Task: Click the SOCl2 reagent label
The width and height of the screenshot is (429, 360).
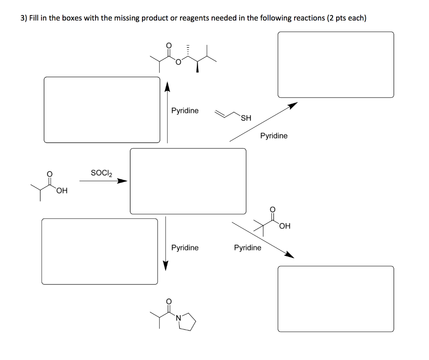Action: tap(101, 173)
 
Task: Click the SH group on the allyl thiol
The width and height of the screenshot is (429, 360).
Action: tap(246, 118)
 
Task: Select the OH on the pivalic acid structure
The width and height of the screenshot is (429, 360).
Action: tap(284, 227)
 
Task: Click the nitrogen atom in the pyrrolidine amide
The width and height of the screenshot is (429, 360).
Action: tap(178, 319)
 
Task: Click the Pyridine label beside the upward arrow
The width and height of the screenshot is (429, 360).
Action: tap(185, 111)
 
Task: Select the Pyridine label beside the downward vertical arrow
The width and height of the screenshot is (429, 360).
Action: tap(185, 248)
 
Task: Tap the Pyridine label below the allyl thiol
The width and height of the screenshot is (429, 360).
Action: tap(274, 136)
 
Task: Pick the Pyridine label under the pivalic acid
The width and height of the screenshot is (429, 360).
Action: tap(247, 248)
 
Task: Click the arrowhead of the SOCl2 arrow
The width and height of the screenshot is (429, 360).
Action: tap(122, 181)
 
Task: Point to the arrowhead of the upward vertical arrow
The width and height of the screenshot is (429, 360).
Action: tap(167, 87)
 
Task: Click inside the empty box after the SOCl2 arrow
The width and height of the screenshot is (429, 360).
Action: tap(188, 181)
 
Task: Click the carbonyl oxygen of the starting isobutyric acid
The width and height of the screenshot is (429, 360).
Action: tap(49, 173)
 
